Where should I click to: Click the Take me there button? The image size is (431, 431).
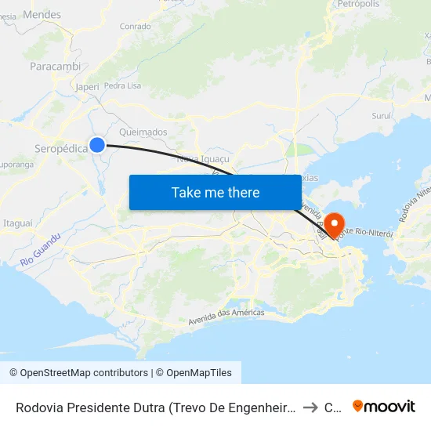click(215, 192)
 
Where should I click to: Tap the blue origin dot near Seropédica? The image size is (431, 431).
click(97, 144)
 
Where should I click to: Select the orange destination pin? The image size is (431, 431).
click(336, 225)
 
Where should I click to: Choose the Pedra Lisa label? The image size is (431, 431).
click(121, 85)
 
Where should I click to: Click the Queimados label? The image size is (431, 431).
click(143, 132)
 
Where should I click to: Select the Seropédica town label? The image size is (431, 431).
click(60, 149)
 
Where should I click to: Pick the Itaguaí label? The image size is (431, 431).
click(19, 223)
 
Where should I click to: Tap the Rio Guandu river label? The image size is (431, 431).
click(41, 248)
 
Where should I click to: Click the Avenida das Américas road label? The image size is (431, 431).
click(226, 317)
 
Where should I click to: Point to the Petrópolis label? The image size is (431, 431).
click(358, 5)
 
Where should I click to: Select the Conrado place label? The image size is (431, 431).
click(135, 27)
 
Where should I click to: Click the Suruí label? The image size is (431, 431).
click(382, 115)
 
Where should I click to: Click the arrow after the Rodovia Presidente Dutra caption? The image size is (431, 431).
click(310, 407)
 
